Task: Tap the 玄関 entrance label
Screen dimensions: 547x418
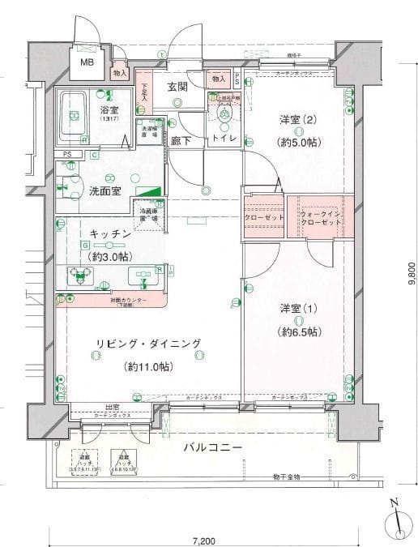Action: (178, 86)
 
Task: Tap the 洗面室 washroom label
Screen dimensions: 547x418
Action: (105, 191)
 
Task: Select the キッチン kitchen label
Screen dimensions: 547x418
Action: (110, 233)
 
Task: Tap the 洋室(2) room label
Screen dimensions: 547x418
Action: (298, 120)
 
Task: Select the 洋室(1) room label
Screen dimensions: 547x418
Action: (298, 309)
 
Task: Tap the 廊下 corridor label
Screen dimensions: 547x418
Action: (181, 139)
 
